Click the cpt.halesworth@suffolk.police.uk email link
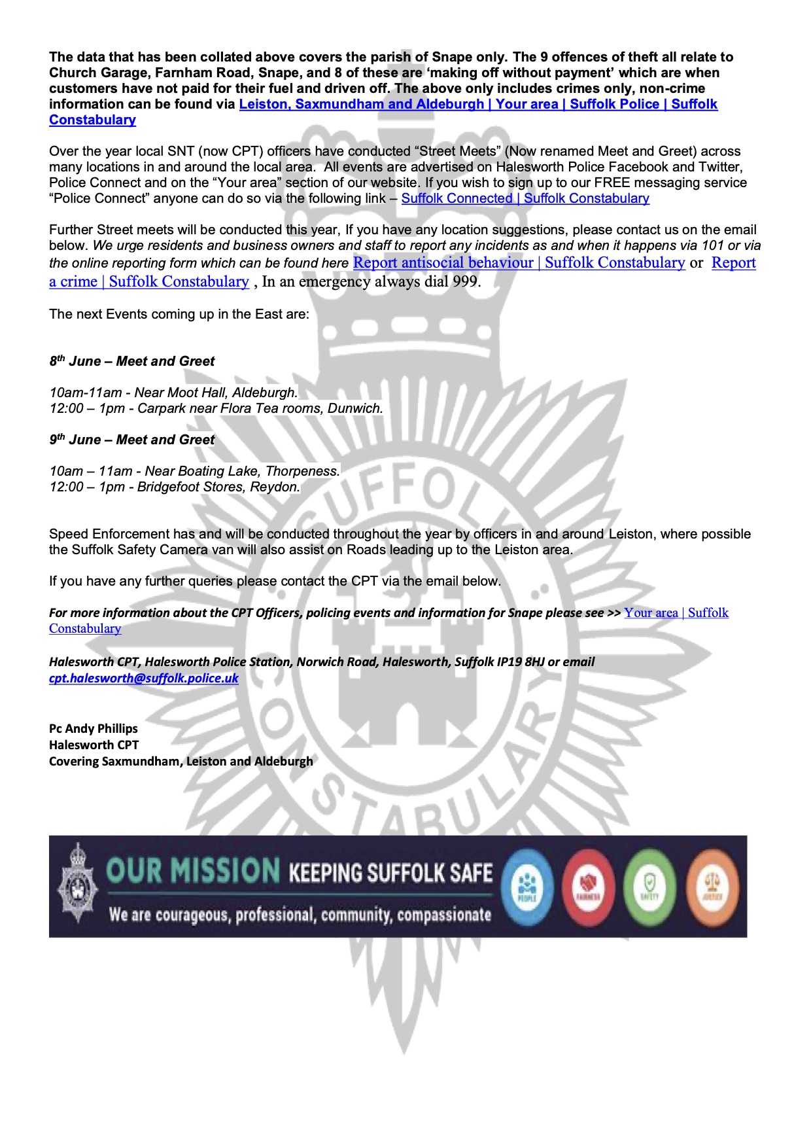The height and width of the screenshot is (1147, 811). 143,679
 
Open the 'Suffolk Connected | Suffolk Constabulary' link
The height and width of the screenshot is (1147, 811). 525,199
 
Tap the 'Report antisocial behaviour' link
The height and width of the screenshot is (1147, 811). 443,263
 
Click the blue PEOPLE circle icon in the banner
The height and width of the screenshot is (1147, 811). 527,887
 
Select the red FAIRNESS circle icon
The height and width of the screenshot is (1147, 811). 588,887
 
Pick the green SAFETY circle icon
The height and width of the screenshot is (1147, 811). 649,887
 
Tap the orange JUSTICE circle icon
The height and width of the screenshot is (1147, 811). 711,887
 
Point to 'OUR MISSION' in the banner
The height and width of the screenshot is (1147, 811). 193,872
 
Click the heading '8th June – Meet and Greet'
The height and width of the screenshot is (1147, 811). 132,362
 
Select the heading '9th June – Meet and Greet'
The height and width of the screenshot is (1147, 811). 132,440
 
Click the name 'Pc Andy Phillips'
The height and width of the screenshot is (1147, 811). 94,729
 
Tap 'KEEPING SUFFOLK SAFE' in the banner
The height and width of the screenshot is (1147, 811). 390,873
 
